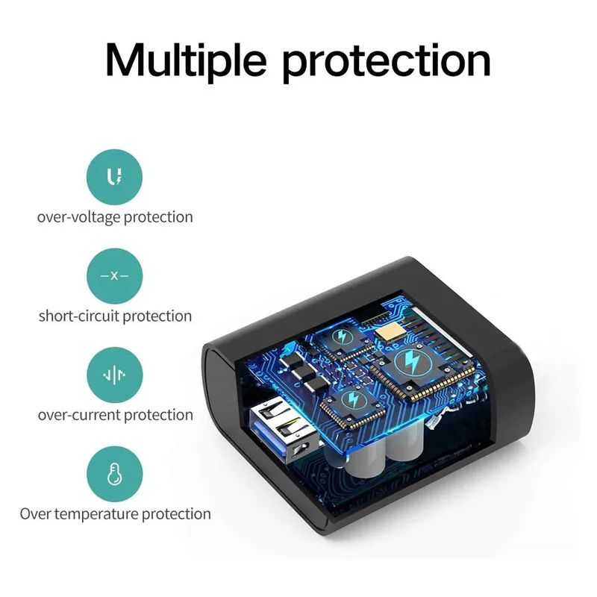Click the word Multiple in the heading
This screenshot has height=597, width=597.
(187, 59)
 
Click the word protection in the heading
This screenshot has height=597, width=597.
(389, 61)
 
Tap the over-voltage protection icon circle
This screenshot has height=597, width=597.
(114, 177)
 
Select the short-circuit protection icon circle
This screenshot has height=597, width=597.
(114, 275)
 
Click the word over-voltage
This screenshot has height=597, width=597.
(79, 217)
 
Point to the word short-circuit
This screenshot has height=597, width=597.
(78, 316)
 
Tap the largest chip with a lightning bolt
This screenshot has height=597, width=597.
(411, 363)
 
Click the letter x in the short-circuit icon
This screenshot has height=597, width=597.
(114, 275)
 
